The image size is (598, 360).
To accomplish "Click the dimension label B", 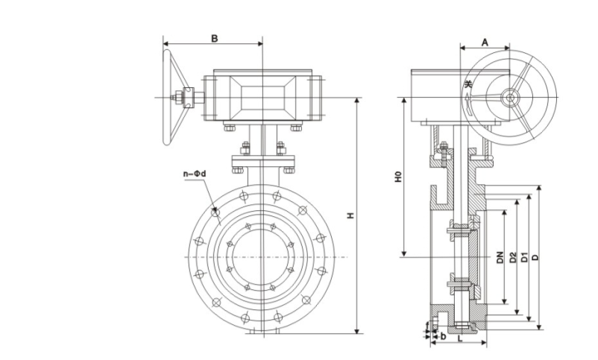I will tap(214, 38).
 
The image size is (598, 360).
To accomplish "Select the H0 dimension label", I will tap(398, 178).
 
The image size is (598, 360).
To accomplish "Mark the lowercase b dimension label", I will tap(443, 337).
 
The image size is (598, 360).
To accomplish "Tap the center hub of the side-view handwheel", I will tap(511, 97).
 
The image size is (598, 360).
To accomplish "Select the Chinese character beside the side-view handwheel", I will tap(468, 85).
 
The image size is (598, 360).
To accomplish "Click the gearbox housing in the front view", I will tap(262, 97).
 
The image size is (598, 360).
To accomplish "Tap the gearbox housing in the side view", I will tap(440, 97).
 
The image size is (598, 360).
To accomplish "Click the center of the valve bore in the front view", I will tap(262, 257).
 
